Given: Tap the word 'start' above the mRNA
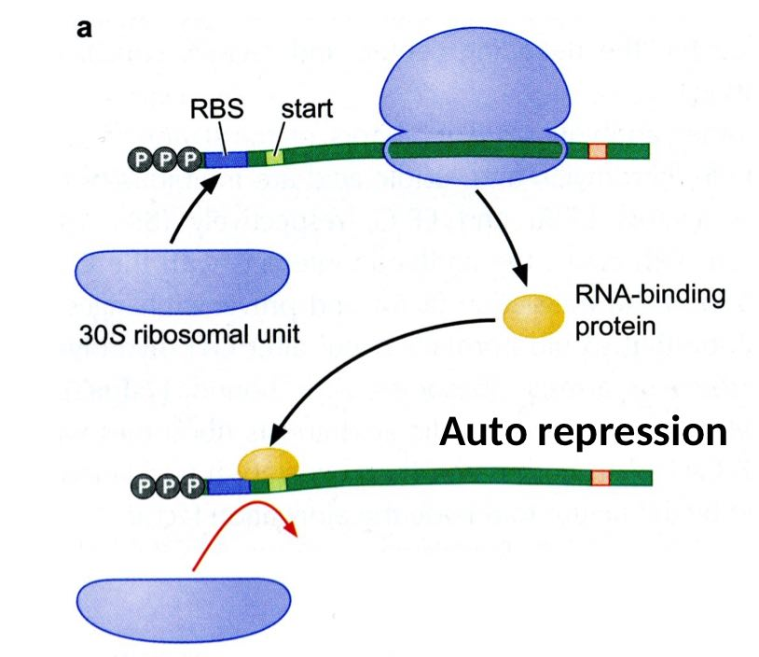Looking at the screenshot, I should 306,109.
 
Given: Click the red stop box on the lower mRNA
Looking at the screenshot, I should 600,478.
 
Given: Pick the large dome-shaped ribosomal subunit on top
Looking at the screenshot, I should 475,89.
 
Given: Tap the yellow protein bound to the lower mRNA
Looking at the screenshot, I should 269,463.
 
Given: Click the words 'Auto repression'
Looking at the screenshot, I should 583,432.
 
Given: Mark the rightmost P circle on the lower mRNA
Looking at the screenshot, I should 192,484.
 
